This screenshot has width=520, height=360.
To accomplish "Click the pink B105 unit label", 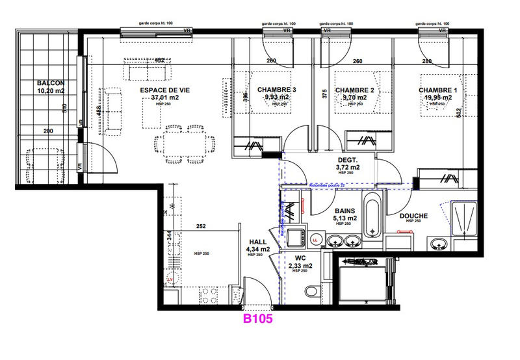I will [x=257, y=319].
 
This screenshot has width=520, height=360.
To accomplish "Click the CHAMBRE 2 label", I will [x=355, y=90].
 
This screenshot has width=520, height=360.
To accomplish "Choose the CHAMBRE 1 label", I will [x=438, y=90].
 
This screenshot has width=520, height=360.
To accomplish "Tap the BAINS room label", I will [x=345, y=211].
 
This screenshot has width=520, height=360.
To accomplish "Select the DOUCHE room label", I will [x=413, y=215].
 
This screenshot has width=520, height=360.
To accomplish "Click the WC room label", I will [x=300, y=258].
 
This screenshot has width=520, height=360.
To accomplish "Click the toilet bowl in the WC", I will [x=311, y=291].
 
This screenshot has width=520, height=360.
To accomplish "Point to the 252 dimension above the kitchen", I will [x=201, y=227].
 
